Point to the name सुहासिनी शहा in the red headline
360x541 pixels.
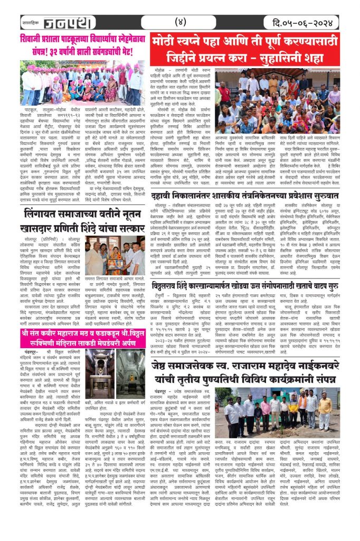pyautogui.click(x=296, y=58)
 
